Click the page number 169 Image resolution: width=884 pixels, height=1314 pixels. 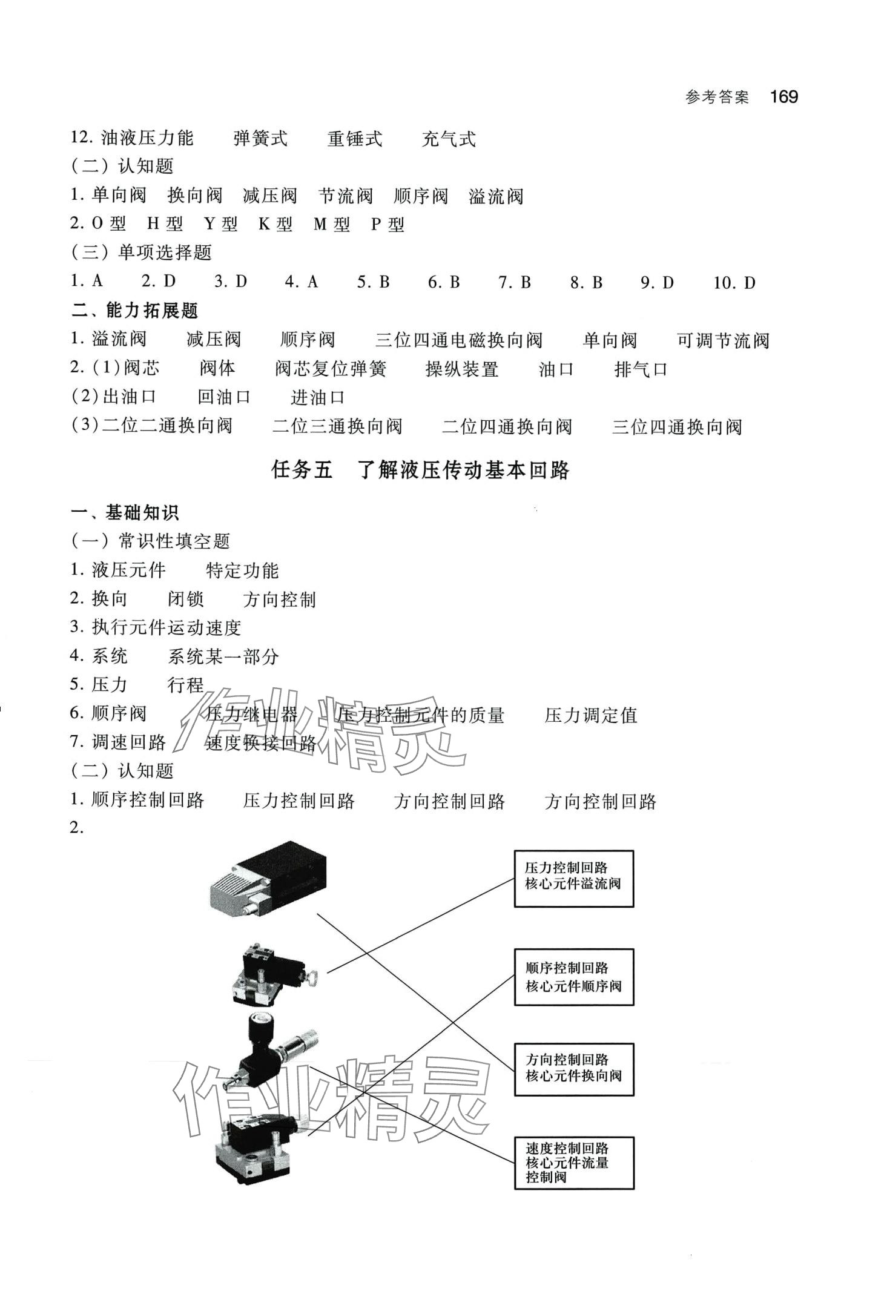point(784,97)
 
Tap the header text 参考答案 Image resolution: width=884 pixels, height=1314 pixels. point(717,97)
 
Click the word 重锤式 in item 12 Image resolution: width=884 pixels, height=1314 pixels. point(355,139)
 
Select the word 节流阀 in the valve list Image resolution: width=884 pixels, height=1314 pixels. point(345,196)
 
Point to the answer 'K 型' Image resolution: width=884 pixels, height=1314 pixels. point(275,225)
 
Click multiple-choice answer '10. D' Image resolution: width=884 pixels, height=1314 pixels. point(734,283)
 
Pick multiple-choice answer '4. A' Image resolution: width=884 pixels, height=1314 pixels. point(302,282)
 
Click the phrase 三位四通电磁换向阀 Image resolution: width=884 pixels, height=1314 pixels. point(459,340)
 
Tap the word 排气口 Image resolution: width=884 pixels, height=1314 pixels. point(641,369)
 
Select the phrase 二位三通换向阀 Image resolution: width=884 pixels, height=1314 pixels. point(337,426)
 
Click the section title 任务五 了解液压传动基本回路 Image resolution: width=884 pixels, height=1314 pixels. point(421,470)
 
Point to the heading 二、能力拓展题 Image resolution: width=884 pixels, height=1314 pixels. point(134,311)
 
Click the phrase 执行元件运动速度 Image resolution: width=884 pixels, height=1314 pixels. point(167,627)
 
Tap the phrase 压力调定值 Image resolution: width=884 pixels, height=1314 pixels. point(591,715)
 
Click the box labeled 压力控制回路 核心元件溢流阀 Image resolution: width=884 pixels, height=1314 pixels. point(573,878)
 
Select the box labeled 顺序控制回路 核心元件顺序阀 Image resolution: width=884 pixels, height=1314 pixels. point(573,977)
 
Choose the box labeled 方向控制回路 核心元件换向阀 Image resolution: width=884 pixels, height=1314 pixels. point(573,1069)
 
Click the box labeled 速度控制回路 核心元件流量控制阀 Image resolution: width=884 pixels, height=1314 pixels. point(573,1163)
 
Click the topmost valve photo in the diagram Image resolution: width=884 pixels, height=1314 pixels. point(268,882)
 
